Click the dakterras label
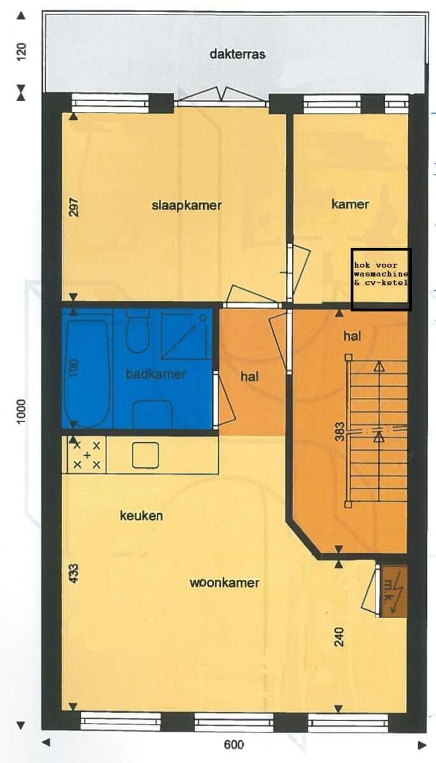[237, 54]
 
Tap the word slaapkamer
[186, 205]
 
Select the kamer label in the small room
[350, 204]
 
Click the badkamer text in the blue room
[155, 374]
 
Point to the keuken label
[141, 516]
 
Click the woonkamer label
[224, 582]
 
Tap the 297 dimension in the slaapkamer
[74, 207]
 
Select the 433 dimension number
[74, 574]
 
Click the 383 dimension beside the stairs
[339, 432]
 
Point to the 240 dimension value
[339, 636]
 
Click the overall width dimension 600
[234, 745]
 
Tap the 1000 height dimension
[21, 411]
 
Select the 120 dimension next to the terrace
[21, 52]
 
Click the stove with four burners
[87, 455]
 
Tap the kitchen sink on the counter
[146, 455]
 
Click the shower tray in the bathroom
[186, 334]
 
